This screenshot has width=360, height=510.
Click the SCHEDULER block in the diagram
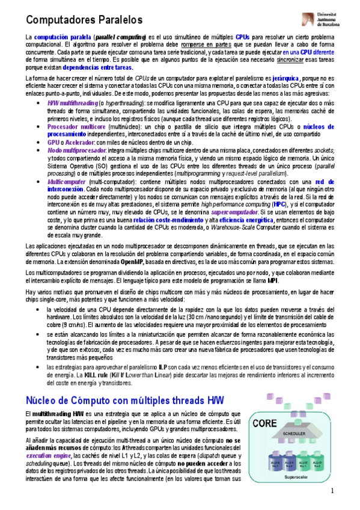click(295, 434)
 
